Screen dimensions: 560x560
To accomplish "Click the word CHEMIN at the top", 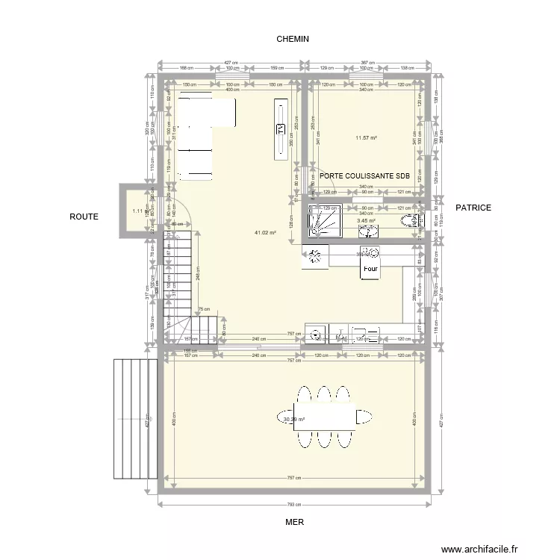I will coord(293,39).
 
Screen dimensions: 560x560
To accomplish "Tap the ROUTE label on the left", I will coord(84,217).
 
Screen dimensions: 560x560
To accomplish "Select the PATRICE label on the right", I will coord(473,208).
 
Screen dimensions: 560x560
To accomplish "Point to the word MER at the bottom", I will coord(294,523).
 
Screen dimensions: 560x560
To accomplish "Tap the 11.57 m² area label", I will coord(366,137).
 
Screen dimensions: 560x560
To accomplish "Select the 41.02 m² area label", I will coord(265,232).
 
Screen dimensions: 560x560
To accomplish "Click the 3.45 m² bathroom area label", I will coord(366,220).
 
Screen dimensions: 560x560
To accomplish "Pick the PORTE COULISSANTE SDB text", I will coord(364,176).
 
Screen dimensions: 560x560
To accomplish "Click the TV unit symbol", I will coord(281,128).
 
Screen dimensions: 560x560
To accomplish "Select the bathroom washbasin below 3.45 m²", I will coord(370,231).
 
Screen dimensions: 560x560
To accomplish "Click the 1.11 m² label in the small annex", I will coord(137,211).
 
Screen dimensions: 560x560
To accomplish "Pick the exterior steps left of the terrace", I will coord(135,420).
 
